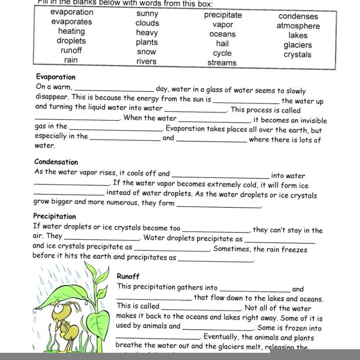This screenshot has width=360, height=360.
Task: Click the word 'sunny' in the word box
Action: click(x=147, y=13)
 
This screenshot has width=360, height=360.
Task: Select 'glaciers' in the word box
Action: click(x=297, y=45)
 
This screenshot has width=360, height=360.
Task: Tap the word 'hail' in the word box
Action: click(x=222, y=44)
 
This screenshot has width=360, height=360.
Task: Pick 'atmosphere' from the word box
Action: click(x=298, y=26)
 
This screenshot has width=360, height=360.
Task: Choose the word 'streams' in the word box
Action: click(x=222, y=63)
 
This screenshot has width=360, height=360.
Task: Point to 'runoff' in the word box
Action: click(x=71, y=50)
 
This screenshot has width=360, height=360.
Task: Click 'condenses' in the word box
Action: click(x=298, y=17)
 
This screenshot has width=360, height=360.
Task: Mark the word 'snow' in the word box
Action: click(x=147, y=52)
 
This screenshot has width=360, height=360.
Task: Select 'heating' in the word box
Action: click(x=71, y=31)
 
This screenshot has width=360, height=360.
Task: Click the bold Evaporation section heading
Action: click(x=55, y=77)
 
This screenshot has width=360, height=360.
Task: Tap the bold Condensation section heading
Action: click(x=56, y=162)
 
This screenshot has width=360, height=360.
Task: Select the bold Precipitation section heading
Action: click(x=54, y=216)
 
